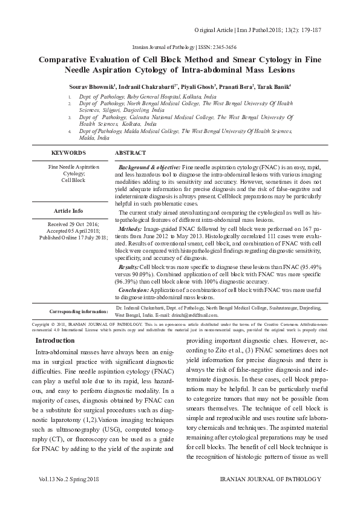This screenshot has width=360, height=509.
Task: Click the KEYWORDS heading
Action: pos(68,154)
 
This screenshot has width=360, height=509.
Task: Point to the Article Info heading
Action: pos(68,211)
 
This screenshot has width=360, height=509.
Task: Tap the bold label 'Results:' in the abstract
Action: pos(129,267)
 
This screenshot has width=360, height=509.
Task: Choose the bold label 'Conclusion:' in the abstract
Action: pos(134,291)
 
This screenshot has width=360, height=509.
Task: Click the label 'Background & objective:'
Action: pos(149,166)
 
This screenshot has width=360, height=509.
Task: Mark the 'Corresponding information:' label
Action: pos(79,311)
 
